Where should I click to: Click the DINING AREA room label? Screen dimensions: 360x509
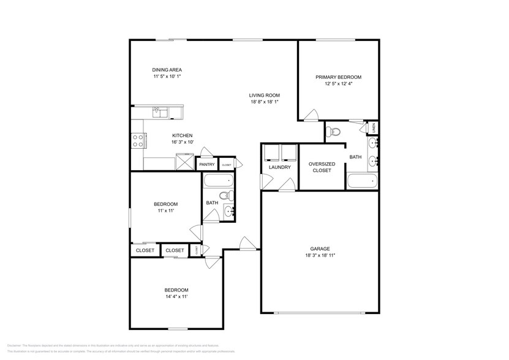point(167,70)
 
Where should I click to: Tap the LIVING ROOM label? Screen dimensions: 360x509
point(264,95)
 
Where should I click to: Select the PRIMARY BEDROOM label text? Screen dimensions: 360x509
point(338,77)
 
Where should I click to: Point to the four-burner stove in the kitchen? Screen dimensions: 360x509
point(137,141)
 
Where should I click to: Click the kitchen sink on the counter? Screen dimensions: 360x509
point(158,111)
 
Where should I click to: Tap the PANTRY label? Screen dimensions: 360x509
point(206,164)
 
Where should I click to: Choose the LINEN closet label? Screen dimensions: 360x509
point(374,128)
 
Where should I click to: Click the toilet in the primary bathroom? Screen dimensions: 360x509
point(333,131)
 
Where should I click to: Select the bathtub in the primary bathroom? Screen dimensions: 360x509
point(361,181)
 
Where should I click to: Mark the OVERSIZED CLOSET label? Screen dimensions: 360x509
point(320,167)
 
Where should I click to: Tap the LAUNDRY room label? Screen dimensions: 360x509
point(279,167)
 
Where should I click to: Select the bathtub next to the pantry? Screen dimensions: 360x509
point(217,181)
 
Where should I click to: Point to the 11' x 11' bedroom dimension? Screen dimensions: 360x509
point(165,211)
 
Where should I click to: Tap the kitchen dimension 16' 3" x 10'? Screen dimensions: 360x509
point(182,142)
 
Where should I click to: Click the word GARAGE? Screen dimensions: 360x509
point(320,249)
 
